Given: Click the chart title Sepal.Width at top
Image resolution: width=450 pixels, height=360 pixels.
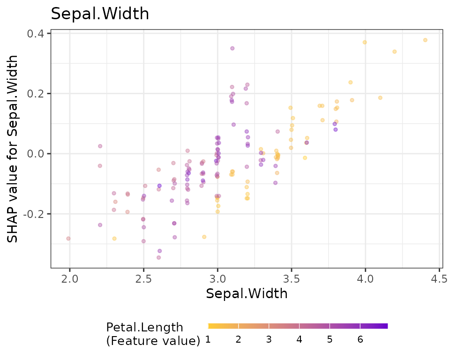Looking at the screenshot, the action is [x=100, y=14].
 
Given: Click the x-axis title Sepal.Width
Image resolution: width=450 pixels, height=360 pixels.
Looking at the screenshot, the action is [x=247, y=294].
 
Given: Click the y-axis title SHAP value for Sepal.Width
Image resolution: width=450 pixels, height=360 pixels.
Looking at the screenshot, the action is [x=13, y=149].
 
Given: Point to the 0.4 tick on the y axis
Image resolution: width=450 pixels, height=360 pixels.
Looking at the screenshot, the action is [x=36, y=34].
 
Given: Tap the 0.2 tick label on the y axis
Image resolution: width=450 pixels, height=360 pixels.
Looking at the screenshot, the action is [x=36, y=94].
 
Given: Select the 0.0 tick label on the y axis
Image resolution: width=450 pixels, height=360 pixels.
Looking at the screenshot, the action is [x=36, y=154].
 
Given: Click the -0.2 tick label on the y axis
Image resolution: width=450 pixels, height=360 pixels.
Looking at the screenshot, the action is [x=34, y=214].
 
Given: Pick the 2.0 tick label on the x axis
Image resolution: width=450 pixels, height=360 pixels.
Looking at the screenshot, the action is [x=69, y=279].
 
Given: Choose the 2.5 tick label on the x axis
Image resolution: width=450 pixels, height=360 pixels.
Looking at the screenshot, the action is [x=143, y=279].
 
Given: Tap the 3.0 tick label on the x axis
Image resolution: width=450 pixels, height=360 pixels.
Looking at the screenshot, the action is [x=217, y=279].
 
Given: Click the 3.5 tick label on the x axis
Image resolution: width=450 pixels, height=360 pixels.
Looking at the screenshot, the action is [x=291, y=279].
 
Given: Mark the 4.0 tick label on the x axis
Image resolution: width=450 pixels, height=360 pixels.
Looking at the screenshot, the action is [x=365, y=279].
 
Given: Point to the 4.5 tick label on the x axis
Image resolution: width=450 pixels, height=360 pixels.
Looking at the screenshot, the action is [x=439, y=279].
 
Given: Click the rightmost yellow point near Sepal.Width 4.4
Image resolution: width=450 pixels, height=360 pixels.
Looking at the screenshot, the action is [x=425, y=40].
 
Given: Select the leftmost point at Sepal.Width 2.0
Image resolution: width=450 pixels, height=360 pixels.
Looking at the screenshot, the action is [x=68, y=239].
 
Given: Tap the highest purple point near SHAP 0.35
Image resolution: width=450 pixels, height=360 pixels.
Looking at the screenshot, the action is [x=232, y=48].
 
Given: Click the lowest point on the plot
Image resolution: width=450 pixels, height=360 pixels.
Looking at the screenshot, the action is [x=159, y=257].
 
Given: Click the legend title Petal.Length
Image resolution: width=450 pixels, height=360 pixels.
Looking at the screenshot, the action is [x=145, y=327].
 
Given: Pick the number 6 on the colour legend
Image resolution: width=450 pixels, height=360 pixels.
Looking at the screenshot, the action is [x=360, y=340].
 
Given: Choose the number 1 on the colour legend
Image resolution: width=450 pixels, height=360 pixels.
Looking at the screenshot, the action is [x=208, y=340].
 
